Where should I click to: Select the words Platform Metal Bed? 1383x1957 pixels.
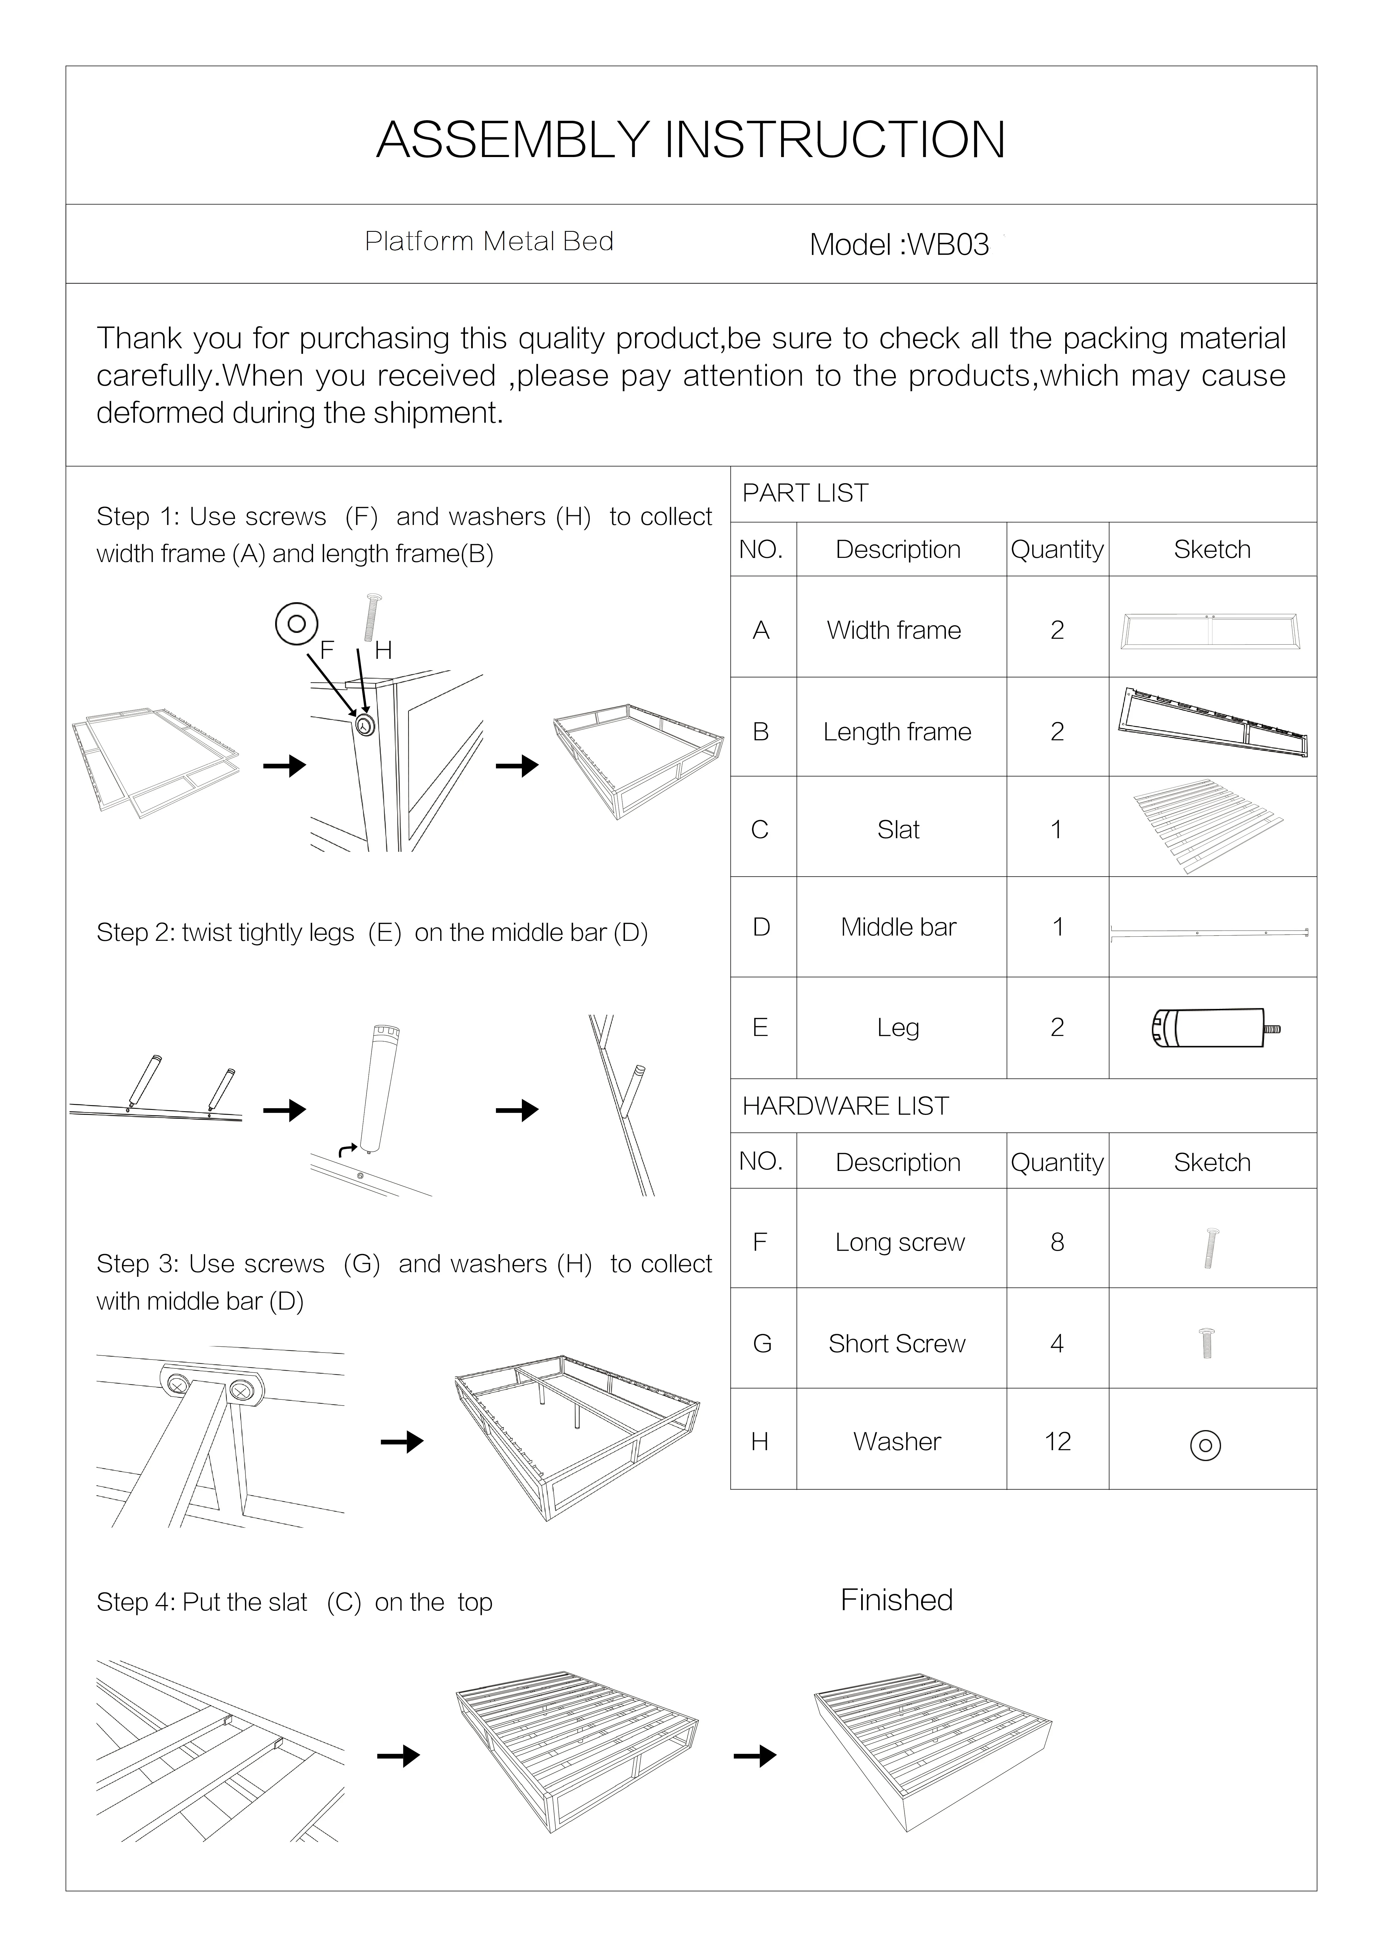point(489,242)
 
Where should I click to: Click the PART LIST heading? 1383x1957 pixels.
point(805,493)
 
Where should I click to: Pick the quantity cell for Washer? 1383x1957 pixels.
point(1057,1441)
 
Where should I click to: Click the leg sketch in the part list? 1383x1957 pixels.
point(1214,1028)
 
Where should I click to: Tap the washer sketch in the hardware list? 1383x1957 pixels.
point(1205,1445)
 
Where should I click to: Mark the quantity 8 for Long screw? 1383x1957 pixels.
point(1057,1243)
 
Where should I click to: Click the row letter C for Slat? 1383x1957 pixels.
point(760,829)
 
